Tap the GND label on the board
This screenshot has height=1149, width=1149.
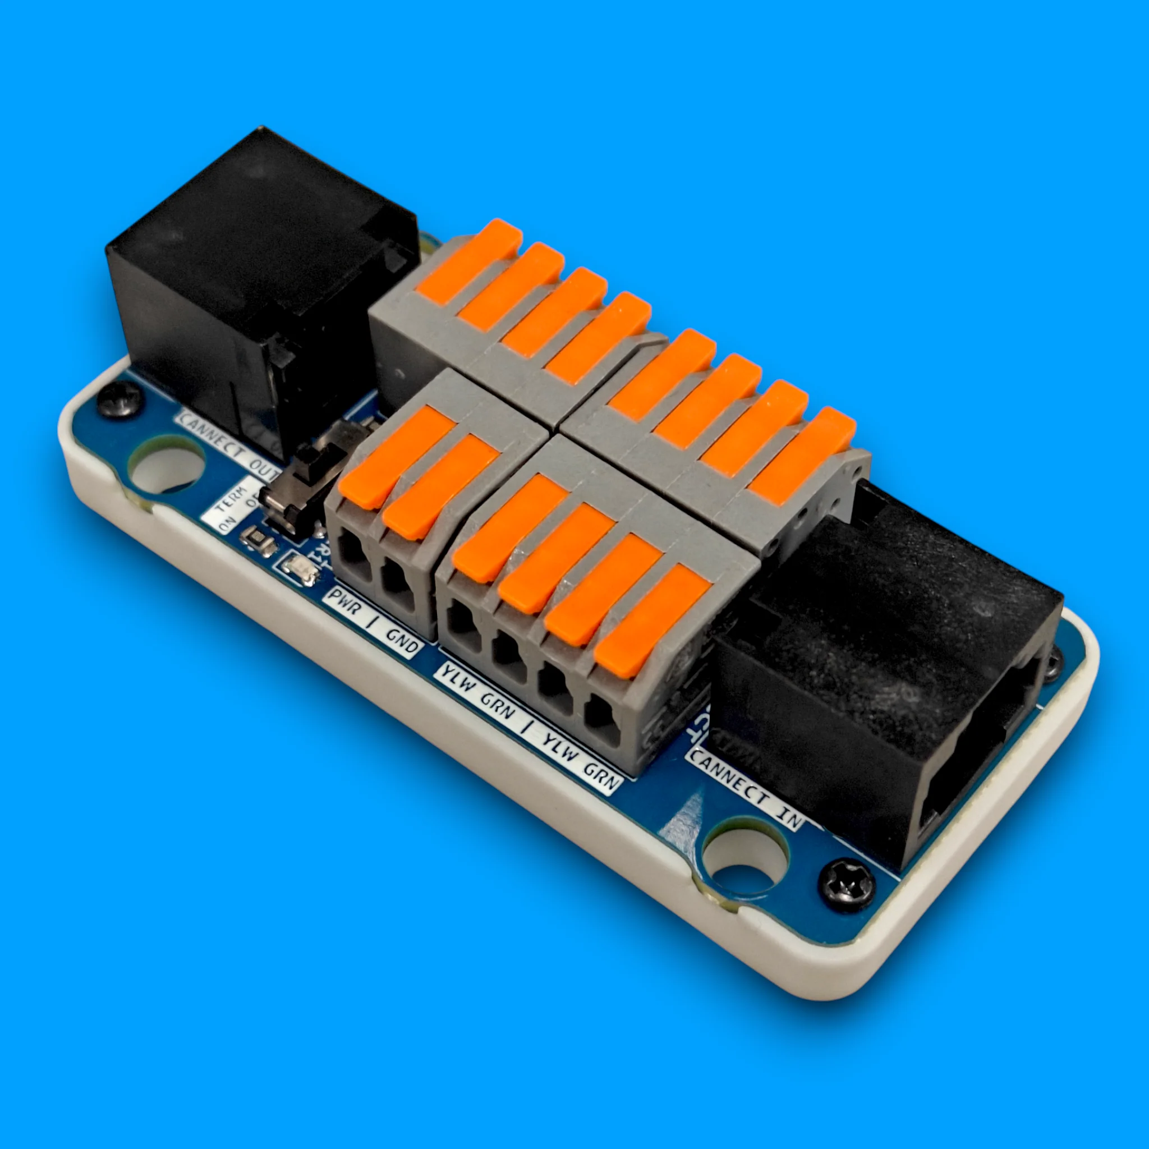click(x=402, y=641)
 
